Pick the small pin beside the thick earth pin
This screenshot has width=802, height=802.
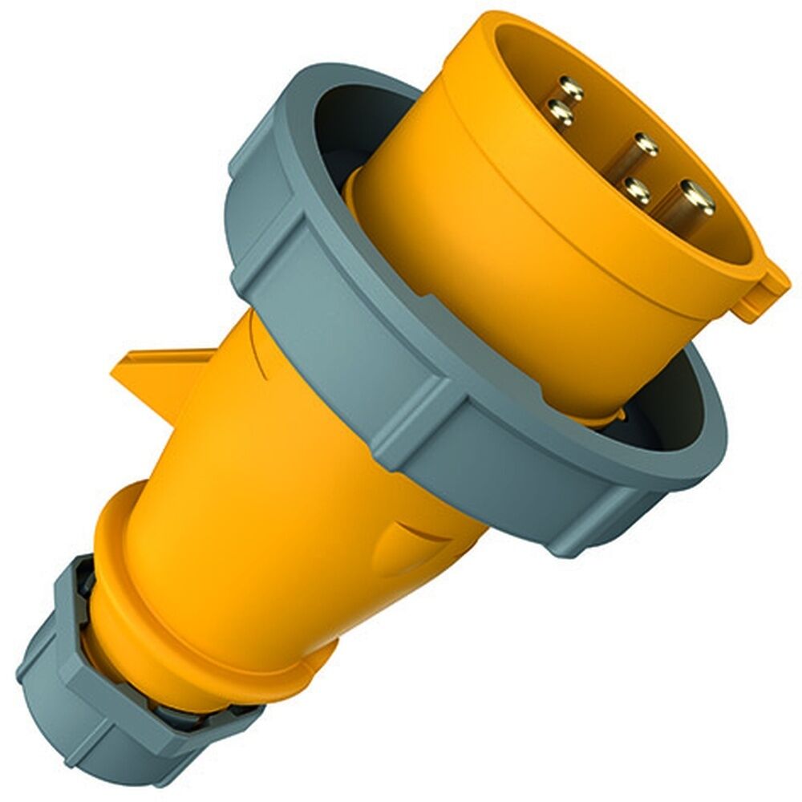(x=638, y=190)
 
